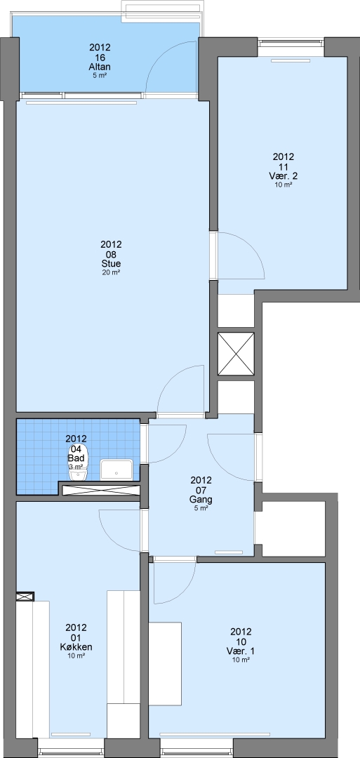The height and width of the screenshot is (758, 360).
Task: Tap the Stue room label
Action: (111, 263)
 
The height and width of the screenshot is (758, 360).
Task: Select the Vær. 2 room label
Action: (284, 175)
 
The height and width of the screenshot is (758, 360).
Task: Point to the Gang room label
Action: (201, 500)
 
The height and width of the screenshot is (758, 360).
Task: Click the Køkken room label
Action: (76, 647)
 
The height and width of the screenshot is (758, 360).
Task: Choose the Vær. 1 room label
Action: (241, 651)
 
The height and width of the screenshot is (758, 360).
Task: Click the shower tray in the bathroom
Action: (116, 469)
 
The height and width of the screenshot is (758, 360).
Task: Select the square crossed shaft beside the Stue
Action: (236, 354)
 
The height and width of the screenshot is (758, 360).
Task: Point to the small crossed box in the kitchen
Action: (25, 597)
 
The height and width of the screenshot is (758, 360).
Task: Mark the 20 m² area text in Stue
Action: (111, 272)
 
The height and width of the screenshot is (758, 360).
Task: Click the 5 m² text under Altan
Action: (100, 75)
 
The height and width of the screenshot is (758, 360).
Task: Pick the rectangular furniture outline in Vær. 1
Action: (165, 664)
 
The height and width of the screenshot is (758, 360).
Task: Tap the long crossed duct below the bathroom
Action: (102, 490)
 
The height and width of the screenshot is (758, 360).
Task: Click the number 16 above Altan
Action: (100, 58)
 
